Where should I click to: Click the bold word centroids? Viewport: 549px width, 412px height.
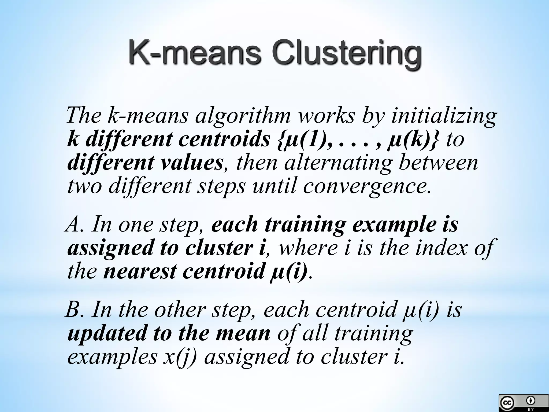coord(224,139)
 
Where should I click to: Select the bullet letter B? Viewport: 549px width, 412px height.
coord(72,310)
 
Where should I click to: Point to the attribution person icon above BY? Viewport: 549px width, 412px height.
coord(531,400)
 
